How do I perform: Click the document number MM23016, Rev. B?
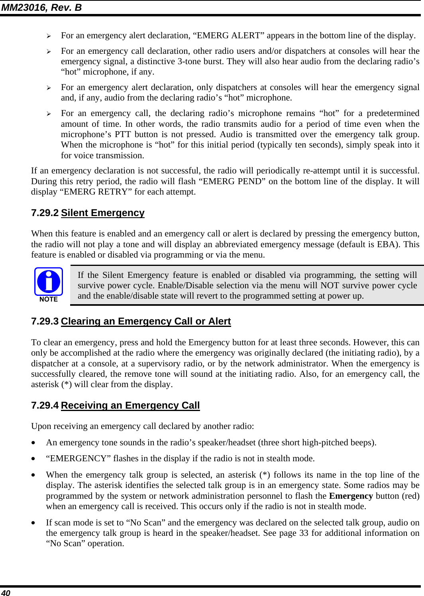pyautogui.click(x=41, y=7)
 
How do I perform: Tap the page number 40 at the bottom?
pyautogui.click(x=6, y=592)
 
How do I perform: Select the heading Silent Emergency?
pyautogui.click(x=102, y=213)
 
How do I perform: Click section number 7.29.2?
pyautogui.click(x=45, y=213)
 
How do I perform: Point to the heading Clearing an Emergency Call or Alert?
pyautogui.click(x=145, y=321)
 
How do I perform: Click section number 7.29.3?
pyautogui.click(x=45, y=321)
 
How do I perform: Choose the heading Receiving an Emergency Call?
pyautogui.click(x=130, y=405)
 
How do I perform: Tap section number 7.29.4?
pyautogui.click(x=45, y=405)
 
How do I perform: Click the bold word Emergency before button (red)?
pyautogui.click(x=351, y=496)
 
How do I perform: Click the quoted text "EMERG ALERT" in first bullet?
pyautogui.click(x=228, y=35)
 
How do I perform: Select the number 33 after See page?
pyautogui.click(x=304, y=533)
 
